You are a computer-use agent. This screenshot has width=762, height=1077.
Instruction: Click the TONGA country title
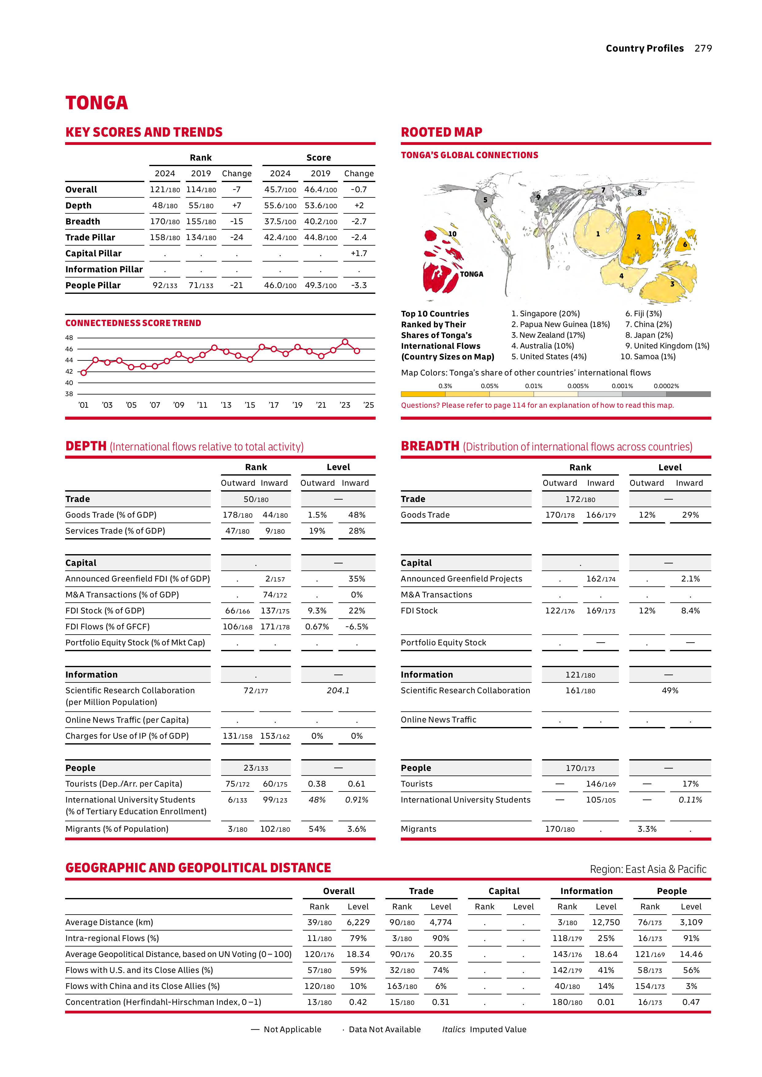(x=97, y=103)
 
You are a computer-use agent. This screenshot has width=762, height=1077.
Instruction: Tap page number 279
(x=703, y=48)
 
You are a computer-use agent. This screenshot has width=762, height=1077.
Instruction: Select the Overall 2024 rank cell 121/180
(x=165, y=189)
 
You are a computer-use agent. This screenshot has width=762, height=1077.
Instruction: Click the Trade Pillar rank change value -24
(x=236, y=237)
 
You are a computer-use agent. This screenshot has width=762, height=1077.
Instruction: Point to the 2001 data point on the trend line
(x=84, y=372)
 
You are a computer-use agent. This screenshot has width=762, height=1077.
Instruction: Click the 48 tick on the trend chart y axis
(x=69, y=338)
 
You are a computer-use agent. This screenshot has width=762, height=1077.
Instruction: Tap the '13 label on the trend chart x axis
(x=226, y=405)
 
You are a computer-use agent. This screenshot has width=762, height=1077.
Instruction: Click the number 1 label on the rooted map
(x=597, y=234)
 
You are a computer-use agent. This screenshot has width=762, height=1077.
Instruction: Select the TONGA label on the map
(x=471, y=274)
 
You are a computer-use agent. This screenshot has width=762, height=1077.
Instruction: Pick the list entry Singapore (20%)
(x=546, y=313)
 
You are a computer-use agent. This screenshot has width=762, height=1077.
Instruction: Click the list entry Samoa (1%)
(x=648, y=356)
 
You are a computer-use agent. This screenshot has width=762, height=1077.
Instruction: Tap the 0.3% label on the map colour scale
(x=445, y=386)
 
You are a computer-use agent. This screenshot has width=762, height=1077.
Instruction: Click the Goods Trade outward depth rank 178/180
(x=237, y=515)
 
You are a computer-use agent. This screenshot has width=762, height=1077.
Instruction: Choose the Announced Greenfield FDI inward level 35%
(x=357, y=579)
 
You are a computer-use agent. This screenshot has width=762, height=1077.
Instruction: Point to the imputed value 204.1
(x=338, y=690)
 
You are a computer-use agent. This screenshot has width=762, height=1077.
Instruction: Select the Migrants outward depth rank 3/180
(x=237, y=829)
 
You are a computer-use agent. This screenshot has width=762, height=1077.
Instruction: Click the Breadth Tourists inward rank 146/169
(x=600, y=784)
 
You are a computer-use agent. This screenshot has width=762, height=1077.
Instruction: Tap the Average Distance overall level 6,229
(x=358, y=922)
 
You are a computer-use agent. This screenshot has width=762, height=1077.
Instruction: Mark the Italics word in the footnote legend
(x=453, y=1029)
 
